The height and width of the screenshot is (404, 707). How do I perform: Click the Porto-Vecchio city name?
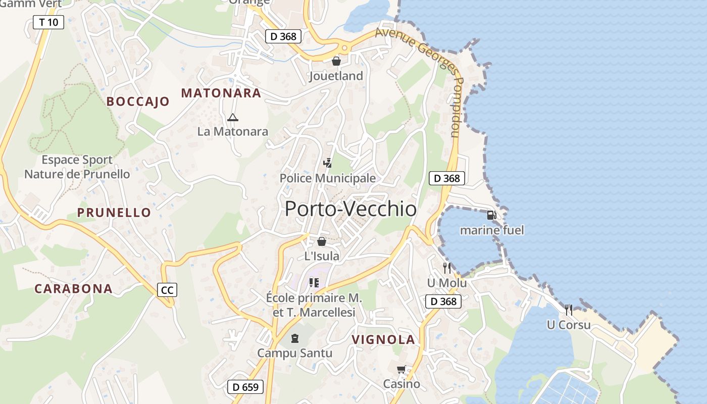350,209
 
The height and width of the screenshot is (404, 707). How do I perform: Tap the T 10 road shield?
48,22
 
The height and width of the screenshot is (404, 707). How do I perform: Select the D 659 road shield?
245,387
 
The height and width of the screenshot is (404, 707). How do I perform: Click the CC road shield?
167,290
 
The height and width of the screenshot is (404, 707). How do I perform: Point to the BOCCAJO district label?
138,102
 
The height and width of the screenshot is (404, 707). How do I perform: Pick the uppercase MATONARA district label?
221,93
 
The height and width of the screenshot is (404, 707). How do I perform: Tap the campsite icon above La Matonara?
232,118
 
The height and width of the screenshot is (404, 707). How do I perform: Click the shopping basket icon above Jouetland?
336,61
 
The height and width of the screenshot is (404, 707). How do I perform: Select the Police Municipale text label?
328,178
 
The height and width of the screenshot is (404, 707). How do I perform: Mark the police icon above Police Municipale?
328,163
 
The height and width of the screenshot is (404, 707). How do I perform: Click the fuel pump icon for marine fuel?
491,215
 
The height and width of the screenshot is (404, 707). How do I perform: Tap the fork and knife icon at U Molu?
447,268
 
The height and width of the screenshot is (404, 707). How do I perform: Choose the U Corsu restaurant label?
569,325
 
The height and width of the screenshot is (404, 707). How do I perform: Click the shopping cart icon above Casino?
401,370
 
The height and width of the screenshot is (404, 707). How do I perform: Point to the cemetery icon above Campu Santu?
295,338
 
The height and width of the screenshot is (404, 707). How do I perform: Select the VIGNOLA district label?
383,340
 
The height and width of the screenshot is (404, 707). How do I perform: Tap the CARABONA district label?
73,289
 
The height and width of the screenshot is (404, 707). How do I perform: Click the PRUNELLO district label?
114,213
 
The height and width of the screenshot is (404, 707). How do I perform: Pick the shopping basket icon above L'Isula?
322,241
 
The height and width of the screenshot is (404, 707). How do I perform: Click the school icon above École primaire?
314,282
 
